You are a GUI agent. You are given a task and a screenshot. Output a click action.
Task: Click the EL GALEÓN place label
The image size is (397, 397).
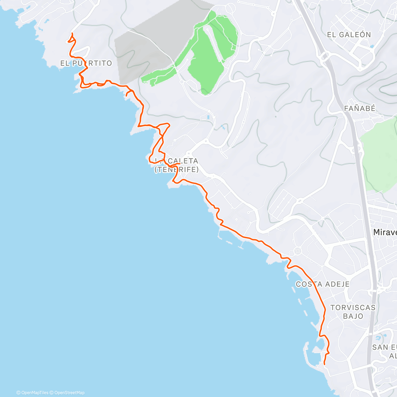click(349, 35)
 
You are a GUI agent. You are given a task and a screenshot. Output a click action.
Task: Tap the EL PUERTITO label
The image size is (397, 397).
click(86, 63)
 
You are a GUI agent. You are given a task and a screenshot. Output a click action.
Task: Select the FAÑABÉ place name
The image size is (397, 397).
click(360, 108)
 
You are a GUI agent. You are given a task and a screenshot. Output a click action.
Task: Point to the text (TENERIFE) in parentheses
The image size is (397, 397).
click(177, 169)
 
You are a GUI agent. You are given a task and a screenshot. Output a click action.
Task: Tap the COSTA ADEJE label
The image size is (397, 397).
click(323, 284)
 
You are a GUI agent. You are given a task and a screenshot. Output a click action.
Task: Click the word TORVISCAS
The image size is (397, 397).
click(353, 308)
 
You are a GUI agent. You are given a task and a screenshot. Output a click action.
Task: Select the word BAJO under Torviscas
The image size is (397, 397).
click(353, 316)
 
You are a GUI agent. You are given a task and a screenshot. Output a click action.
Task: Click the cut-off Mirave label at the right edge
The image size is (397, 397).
click(385, 232)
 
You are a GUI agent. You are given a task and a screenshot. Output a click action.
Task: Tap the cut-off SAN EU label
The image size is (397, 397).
click(384, 347)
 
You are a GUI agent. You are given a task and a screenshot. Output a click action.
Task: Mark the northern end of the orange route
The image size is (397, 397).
click(72, 33)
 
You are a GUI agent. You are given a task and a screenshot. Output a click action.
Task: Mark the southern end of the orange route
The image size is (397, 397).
click(324, 364)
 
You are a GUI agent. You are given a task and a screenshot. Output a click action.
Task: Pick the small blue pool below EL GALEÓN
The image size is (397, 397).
click(372, 47)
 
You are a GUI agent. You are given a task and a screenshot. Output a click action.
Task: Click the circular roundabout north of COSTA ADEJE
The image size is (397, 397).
click(297, 252)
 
